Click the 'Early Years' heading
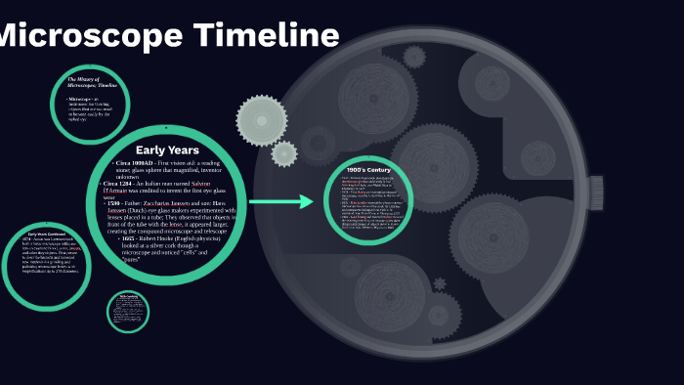[x=167, y=150]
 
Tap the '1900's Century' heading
[x=368, y=170]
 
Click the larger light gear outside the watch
[x=261, y=119]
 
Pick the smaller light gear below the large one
[x=284, y=153]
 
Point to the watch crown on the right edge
[x=595, y=192]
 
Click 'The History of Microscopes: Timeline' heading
[x=90, y=81]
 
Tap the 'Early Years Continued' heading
[x=47, y=235]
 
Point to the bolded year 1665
[x=127, y=237]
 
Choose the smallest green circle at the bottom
[x=128, y=311]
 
